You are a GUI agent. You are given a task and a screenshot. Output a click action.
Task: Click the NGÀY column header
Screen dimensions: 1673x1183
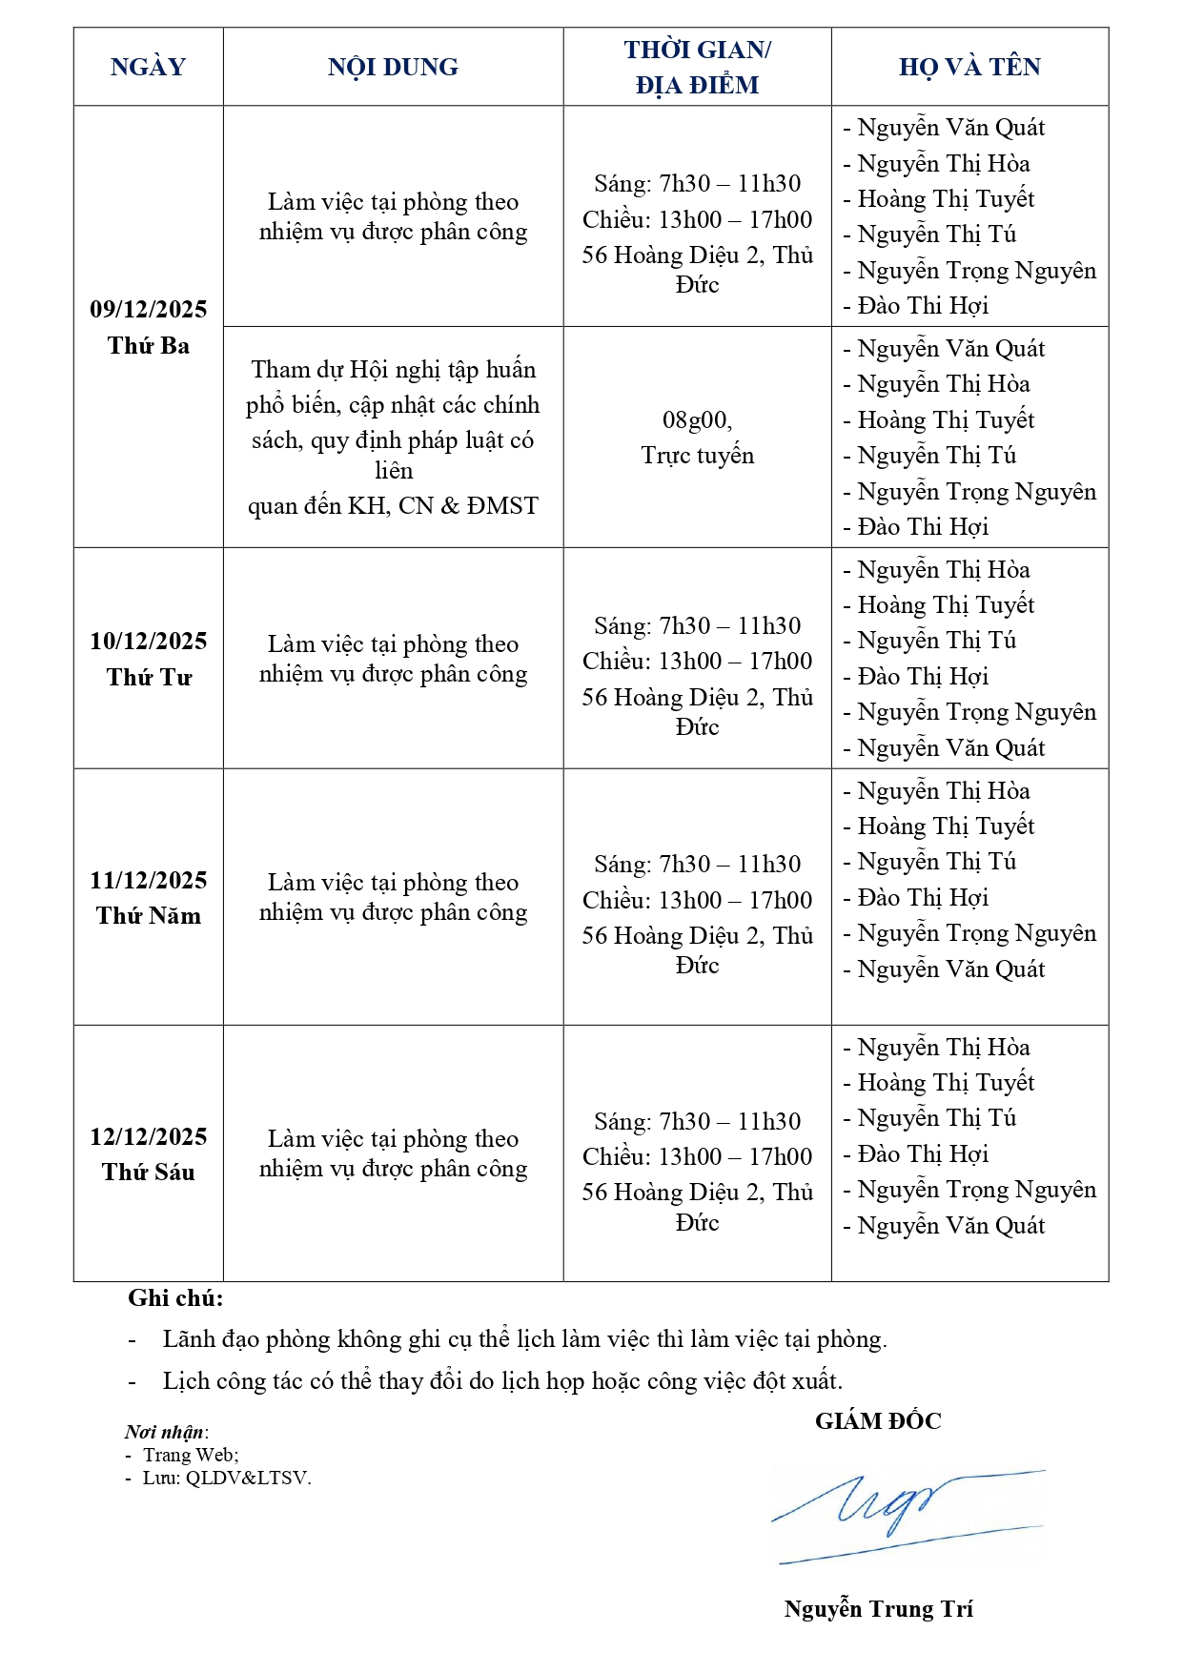[x=148, y=67]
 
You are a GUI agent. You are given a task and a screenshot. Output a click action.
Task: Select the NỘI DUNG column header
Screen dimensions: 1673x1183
[x=393, y=67]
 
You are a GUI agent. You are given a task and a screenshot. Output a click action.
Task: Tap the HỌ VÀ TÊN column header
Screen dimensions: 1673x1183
[x=969, y=67]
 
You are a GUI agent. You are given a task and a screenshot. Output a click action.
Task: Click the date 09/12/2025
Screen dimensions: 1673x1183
[x=148, y=309]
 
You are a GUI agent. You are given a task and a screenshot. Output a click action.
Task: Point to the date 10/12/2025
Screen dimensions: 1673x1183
[x=148, y=641]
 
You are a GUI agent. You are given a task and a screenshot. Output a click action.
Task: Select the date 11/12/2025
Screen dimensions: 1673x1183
[x=148, y=880]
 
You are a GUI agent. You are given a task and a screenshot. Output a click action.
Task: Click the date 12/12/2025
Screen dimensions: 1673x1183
[x=148, y=1136]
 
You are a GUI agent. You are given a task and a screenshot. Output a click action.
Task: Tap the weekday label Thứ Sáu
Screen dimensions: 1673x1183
[x=148, y=1173]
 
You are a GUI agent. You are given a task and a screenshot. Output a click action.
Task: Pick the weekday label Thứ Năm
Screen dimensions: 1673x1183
[x=148, y=916]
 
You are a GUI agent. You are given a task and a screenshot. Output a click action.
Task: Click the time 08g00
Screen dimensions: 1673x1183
[x=697, y=420]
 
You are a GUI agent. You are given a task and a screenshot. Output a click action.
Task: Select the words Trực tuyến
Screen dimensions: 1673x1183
[x=697, y=456]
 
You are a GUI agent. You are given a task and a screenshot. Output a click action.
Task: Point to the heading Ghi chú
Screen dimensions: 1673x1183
[x=175, y=1298]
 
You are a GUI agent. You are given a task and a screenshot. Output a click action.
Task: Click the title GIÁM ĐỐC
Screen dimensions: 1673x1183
[x=877, y=1421]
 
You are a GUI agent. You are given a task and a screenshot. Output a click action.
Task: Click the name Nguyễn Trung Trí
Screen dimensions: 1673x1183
[x=878, y=1609]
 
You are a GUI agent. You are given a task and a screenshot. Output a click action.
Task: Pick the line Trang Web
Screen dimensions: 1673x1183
[x=191, y=1455]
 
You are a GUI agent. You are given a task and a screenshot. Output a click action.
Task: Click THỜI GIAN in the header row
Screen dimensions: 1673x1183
[x=697, y=51]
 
